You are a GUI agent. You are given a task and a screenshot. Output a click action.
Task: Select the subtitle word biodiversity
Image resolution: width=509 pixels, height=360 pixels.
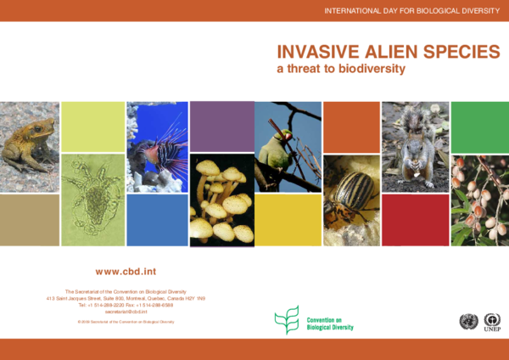click(x=371, y=67)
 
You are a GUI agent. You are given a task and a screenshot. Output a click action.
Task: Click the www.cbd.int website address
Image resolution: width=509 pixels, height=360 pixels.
click(x=124, y=272)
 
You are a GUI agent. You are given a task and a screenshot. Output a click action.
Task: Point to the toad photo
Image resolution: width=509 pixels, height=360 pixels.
click(x=30, y=146)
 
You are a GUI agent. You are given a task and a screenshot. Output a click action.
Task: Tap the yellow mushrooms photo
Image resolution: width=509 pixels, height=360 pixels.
click(x=221, y=200)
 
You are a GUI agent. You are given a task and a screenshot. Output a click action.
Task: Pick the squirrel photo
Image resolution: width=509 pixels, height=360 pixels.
click(x=414, y=146)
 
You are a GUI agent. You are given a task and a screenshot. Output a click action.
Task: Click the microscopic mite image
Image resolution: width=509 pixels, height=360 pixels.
click(x=92, y=200)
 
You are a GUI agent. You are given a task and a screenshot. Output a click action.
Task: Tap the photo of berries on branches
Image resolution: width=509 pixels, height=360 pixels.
click(x=479, y=200)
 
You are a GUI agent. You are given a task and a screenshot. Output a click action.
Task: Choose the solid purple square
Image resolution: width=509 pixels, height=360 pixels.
click(x=221, y=126)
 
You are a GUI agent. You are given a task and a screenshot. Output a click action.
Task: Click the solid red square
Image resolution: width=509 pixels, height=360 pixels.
click(x=414, y=219)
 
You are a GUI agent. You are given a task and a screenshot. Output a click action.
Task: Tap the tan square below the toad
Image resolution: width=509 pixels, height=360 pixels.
click(x=30, y=219)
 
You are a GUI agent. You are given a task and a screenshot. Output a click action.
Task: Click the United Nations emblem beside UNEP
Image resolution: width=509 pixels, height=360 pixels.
click(x=467, y=322)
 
